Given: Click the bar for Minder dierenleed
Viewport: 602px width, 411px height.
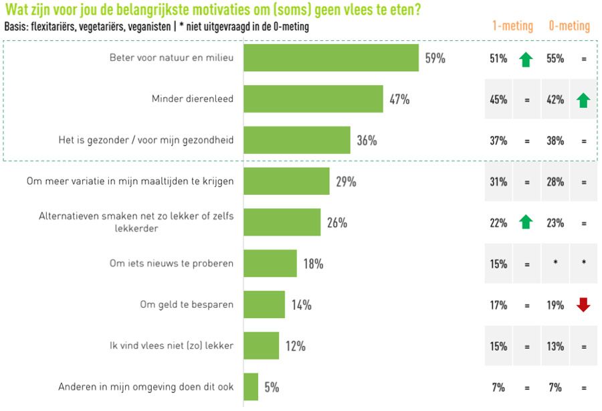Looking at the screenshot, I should [313, 99].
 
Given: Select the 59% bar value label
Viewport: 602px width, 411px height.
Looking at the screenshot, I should [435, 58].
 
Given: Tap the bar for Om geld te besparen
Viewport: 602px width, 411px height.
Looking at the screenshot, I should [264, 305].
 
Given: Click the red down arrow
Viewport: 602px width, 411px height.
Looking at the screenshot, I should [583, 305].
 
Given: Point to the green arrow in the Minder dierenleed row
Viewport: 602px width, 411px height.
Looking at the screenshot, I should [583, 100].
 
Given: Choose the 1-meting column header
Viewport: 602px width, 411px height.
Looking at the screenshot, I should [512, 26].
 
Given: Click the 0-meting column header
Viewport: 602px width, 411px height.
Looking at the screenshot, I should [569, 26].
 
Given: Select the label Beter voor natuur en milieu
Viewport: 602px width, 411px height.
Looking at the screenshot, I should [171, 58].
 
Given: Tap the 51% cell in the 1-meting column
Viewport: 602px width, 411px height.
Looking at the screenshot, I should [498, 58].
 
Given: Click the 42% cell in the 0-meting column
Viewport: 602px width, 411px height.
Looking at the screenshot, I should [555, 100].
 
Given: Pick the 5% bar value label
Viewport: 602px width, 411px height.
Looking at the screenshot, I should [272, 387].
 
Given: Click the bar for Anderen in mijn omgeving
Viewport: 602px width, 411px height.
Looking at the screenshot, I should [251, 387].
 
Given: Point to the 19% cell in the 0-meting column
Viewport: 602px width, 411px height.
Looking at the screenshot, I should [555, 305].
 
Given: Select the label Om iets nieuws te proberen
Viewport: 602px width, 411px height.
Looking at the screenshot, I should [171, 264].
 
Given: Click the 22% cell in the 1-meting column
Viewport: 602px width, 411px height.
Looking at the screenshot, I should [498, 223].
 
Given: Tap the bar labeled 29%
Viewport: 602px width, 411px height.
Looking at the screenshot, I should [286, 181].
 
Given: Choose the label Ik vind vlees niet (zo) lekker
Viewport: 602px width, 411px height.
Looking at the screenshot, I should [177, 345].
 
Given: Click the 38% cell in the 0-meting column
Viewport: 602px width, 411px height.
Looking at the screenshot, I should [555, 141].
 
